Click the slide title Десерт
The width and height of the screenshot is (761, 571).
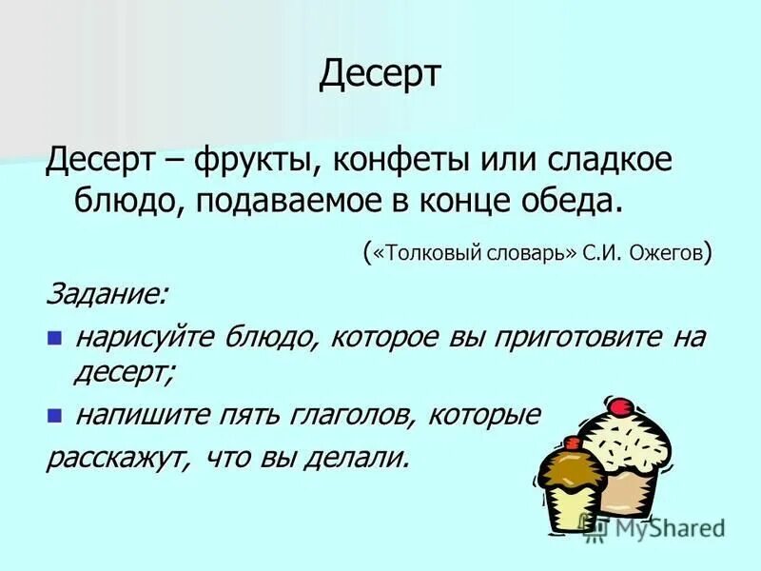coord(380,73)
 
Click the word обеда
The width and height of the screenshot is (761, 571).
coord(574,200)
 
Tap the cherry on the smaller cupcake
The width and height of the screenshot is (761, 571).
coord(572,442)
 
